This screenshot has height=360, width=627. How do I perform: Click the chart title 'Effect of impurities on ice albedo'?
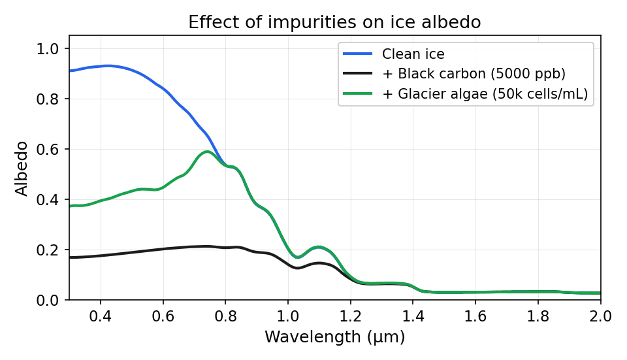coord(334,22)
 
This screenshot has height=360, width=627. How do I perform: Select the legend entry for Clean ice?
coord(413,54)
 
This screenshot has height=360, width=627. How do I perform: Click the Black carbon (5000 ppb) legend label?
coord(474,74)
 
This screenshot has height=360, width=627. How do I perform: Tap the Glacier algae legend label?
coord(485,94)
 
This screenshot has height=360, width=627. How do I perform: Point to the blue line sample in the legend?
coord(357,54)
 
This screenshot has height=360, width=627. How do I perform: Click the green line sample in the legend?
coord(357,94)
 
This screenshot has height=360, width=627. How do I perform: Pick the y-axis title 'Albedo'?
coord(22,168)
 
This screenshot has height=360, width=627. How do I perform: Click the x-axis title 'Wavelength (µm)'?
coord(334,337)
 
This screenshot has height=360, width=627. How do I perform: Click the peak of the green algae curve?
coord(207,152)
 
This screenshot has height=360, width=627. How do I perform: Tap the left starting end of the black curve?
coord(71,257)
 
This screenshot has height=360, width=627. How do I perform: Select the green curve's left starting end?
coord(71,206)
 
